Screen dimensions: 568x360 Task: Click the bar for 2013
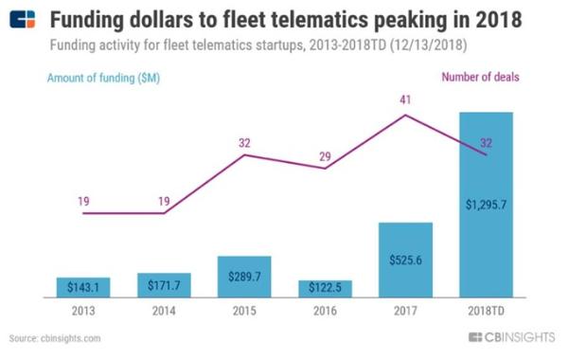pyautogui.click(x=83, y=287)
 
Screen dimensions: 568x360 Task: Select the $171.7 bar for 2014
pyautogui.click(x=164, y=285)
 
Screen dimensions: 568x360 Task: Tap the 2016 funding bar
pyautogui.click(x=325, y=289)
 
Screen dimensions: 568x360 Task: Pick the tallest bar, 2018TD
pyautogui.click(x=487, y=205)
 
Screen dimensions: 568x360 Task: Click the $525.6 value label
pyautogui.click(x=406, y=260)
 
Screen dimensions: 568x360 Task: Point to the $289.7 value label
pyautogui.click(x=244, y=277)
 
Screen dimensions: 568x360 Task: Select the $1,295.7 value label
pyautogui.click(x=487, y=205)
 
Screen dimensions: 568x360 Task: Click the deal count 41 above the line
pyautogui.click(x=405, y=99)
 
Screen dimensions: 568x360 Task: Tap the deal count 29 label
pyautogui.click(x=325, y=156)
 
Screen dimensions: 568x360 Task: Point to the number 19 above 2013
pyautogui.click(x=83, y=201)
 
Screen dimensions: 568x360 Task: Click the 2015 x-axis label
pyautogui.click(x=244, y=311)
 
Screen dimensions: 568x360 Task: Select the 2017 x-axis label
pyautogui.click(x=405, y=311)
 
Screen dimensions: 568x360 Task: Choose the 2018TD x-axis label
pyautogui.click(x=487, y=311)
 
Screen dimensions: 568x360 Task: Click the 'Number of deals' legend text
pyautogui.click(x=480, y=78)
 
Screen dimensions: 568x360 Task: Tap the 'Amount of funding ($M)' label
pyautogui.click(x=103, y=78)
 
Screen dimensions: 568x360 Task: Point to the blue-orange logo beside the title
pyautogui.click(x=23, y=19)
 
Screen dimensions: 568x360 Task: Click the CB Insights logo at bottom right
pyautogui.click(x=511, y=337)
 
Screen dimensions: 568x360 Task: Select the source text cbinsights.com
pyautogui.click(x=71, y=338)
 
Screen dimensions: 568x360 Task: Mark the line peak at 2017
pyautogui.click(x=405, y=115)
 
